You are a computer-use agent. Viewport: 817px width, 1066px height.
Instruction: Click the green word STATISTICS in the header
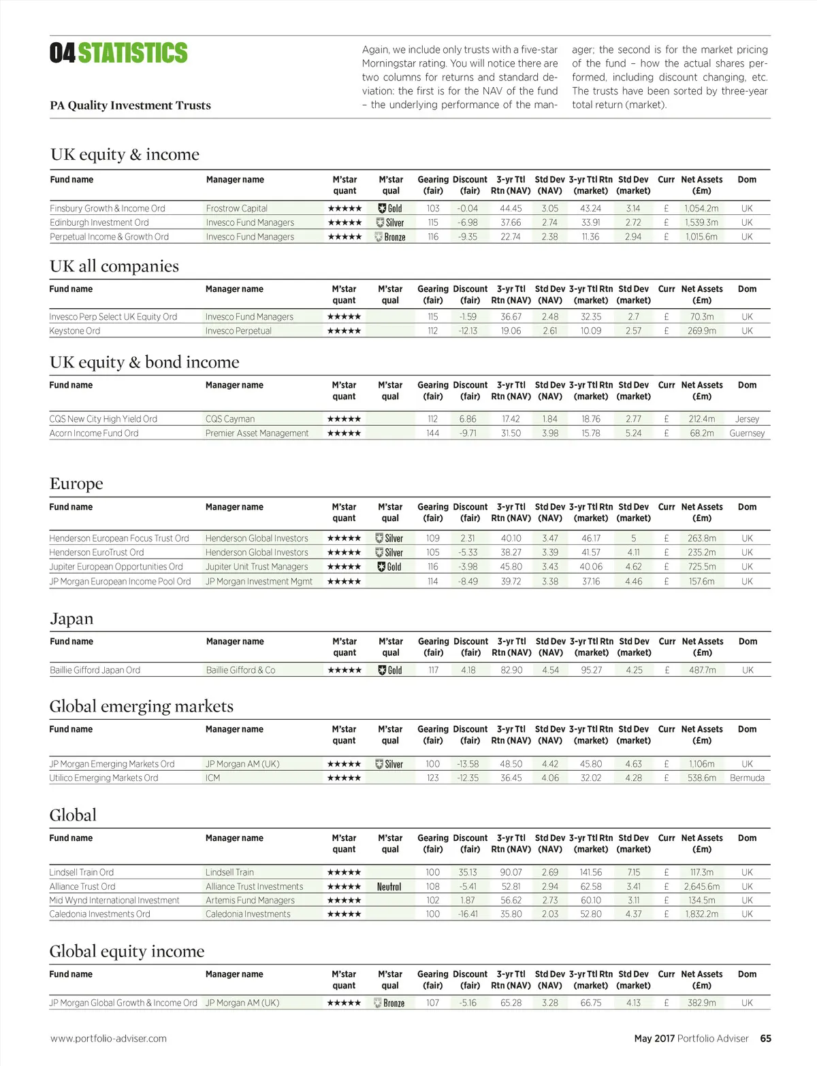pyautogui.click(x=133, y=53)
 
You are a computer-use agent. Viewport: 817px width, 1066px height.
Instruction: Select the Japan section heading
pyautogui.click(x=71, y=618)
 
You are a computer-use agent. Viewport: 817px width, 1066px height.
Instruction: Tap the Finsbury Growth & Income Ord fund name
pyautogui.click(x=108, y=208)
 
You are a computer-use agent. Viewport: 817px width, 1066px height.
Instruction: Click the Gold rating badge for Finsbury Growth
pyautogui.click(x=390, y=209)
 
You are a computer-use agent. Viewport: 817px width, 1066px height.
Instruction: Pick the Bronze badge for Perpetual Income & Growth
pyautogui.click(x=390, y=237)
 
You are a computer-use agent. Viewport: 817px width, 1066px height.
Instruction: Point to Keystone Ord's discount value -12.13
pyautogui.click(x=468, y=331)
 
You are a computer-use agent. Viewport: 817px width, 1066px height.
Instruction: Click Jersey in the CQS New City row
pyautogui.click(x=747, y=419)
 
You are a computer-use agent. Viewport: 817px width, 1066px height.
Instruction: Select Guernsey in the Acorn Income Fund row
pyautogui.click(x=747, y=433)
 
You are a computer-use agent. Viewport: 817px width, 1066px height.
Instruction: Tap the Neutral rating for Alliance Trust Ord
pyautogui.click(x=389, y=886)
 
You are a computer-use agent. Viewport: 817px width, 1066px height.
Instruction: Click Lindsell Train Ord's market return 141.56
pyautogui.click(x=591, y=872)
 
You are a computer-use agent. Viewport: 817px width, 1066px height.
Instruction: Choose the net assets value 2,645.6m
pyautogui.click(x=702, y=886)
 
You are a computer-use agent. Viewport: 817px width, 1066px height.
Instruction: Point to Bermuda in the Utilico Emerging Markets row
pyautogui.click(x=747, y=778)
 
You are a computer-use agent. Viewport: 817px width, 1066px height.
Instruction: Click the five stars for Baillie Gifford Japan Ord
pyautogui.click(x=345, y=670)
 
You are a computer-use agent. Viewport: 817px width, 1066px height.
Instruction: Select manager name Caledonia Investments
pyautogui.click(x=248, y=914)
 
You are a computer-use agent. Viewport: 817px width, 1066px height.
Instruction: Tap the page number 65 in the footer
pyautogui.click(x=766, y=1038)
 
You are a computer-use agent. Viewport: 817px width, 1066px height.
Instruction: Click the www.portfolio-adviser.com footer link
pyautogui.click(x=108, y=1038)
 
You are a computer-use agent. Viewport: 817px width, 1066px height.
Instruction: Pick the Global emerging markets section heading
pyautogui.click(x=142, y=706)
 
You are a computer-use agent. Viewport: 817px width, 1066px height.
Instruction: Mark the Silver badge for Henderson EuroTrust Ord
pyautogui.click(x=389, y=552)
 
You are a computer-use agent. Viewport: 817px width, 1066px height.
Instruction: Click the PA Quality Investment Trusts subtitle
pyautogui.click(x=130, y=105)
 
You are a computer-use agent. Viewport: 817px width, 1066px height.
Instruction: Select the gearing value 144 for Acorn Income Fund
pyautogui.click(x=433, y=433)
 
